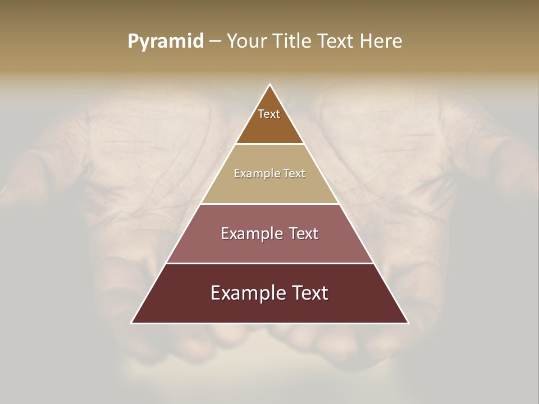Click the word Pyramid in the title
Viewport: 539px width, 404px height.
pyautogui.click(x=166, y=42)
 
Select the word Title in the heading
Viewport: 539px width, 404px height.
pyautogui.click(x=295, y=42)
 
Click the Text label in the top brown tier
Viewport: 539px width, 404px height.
pyautogui.click(x=269, y=114)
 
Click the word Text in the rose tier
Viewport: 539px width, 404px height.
pyautogui.click(x=304, y=233)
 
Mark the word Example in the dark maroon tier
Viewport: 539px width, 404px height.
pyautogui.click(x=248, y=293)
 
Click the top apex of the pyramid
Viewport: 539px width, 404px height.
pyautogui.click(x=270, y=85)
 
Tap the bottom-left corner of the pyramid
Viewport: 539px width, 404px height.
pyautogui.click(x=132, y=323)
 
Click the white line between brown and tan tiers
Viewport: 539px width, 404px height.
pyautogui.click(x=270, y=144)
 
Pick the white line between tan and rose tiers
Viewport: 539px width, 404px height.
pyautogui.click(x=270, y=204)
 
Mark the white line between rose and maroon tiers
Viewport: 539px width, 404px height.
pyautogui.click(x=270, y=263)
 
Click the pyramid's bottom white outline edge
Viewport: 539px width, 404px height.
pyautogui.click(x=270, y=323)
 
